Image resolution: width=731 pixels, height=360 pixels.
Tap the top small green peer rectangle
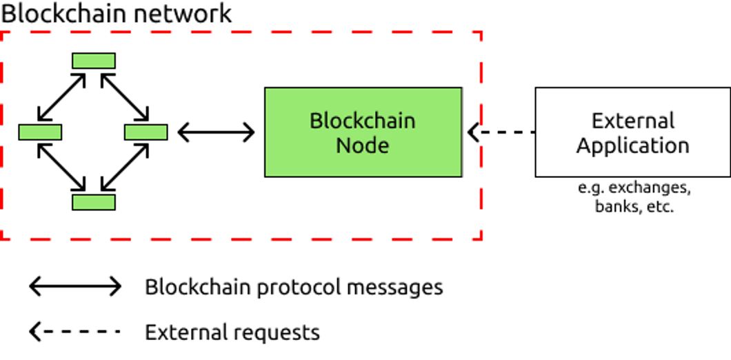[94, 61]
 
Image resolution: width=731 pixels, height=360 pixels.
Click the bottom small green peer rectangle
[94, 202]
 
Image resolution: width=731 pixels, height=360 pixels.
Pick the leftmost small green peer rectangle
[40, 132]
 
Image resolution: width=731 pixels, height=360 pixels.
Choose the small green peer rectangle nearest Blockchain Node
[146, 132]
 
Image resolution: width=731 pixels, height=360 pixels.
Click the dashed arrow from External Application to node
[501, 132]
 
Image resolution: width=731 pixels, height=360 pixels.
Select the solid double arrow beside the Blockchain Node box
[216, 132]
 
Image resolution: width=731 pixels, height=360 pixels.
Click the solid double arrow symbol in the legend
[75, 286]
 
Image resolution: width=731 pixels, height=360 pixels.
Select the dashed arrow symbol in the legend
[75, 332]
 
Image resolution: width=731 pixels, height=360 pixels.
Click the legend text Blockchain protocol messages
[294, 287]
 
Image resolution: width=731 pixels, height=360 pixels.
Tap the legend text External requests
[232, 332]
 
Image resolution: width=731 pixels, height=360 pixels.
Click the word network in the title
[183, 13]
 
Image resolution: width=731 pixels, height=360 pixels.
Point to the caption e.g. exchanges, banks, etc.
[633, 197]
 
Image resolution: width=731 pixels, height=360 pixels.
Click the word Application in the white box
[632, 146]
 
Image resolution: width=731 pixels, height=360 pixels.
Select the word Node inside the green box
[362, 146]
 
